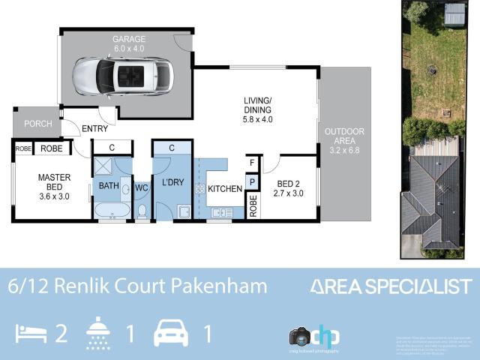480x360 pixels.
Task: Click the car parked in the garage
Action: [x=123, y=74]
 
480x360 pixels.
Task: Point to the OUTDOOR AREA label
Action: [x=344, y=140]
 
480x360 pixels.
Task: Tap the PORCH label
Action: [x=37, y=124]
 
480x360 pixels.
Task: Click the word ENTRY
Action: [x=95, y=129]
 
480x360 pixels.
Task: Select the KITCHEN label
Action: [x=225, y=188]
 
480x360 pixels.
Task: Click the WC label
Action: [x=142, y=188]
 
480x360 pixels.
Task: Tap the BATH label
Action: [x=109, y=184]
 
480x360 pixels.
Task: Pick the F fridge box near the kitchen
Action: [x=252, y=163]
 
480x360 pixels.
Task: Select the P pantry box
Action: [x=252, y=181]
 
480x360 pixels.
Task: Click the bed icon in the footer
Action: [x=31, y=334]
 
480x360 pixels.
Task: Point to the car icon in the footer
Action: [x=172, y=333]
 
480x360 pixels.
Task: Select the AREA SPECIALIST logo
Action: [x=391, y=286]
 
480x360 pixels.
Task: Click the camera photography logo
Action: [x=315, y=335]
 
